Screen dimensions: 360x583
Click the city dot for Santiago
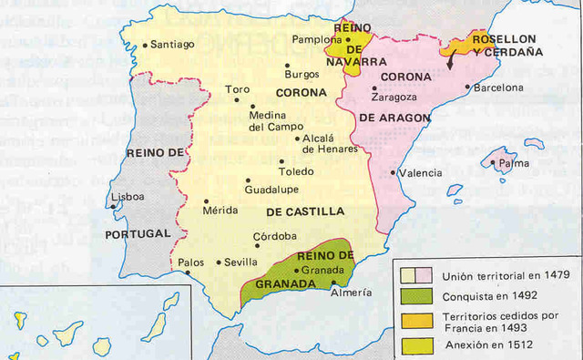(146, 43)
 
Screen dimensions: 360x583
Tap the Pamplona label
(317, 40)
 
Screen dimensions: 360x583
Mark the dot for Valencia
(394, 172)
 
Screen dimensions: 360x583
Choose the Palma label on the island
(507, 165)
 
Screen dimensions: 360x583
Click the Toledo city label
(297, 171)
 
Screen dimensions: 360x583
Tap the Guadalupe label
(272, 190)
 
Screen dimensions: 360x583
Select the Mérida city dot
(207, 201)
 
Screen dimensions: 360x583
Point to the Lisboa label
(127, 197)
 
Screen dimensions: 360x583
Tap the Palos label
(191, 262)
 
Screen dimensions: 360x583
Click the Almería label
(352, 293)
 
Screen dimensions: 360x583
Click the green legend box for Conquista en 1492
(414, 295)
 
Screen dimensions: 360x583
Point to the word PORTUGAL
(137, 233)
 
